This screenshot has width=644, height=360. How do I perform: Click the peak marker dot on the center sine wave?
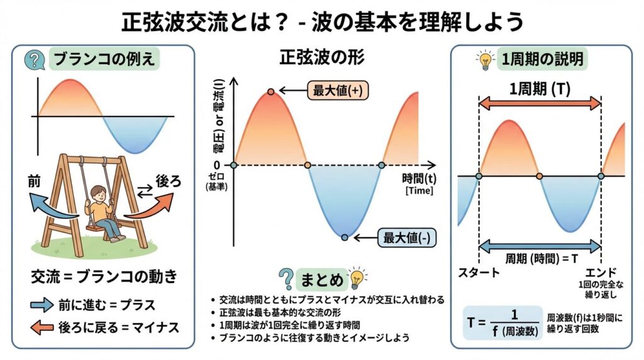coord(270,91)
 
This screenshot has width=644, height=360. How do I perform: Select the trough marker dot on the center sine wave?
coord(345,237)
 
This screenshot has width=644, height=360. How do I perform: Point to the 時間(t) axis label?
coord(418,179)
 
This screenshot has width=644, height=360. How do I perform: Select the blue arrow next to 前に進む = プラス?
coord(42,306)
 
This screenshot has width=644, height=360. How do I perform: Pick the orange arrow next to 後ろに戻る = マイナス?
coord(42,327)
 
